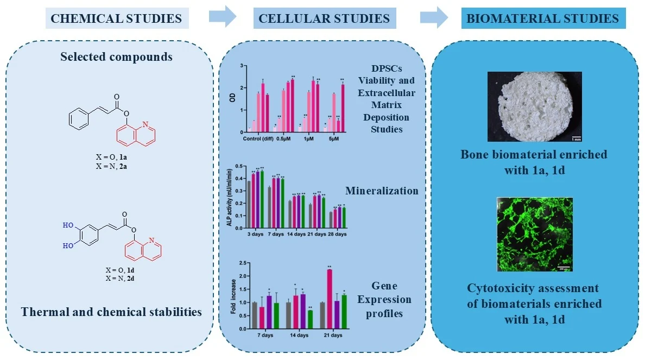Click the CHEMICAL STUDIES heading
116,19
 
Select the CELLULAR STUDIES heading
324,19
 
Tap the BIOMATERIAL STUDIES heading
543,19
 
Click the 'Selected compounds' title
116,56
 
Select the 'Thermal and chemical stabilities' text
111,312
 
